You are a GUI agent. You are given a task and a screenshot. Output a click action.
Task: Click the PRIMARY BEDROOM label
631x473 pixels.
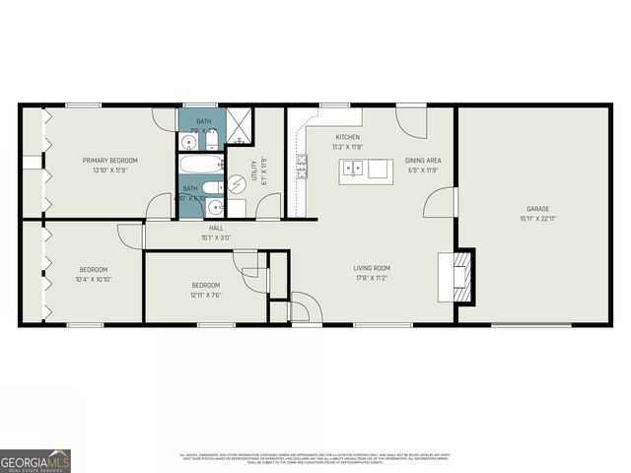click(x=110, y=161)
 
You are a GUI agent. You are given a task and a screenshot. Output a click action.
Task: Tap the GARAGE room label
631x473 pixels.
click(x=537, y=209)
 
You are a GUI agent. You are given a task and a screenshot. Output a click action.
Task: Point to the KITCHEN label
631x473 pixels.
click(x=347, y=137)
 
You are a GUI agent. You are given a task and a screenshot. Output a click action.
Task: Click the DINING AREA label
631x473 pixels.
click(x=423, y=161)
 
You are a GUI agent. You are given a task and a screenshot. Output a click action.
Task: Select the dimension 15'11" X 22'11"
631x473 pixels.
click(x=537, y=219)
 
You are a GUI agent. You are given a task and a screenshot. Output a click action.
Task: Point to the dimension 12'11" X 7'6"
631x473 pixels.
click(x=206, y=296)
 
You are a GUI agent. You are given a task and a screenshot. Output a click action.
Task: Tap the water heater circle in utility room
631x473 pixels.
click(x=237, y=184)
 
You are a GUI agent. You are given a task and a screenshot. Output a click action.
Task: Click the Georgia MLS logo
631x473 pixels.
click(x=35, y=460)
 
